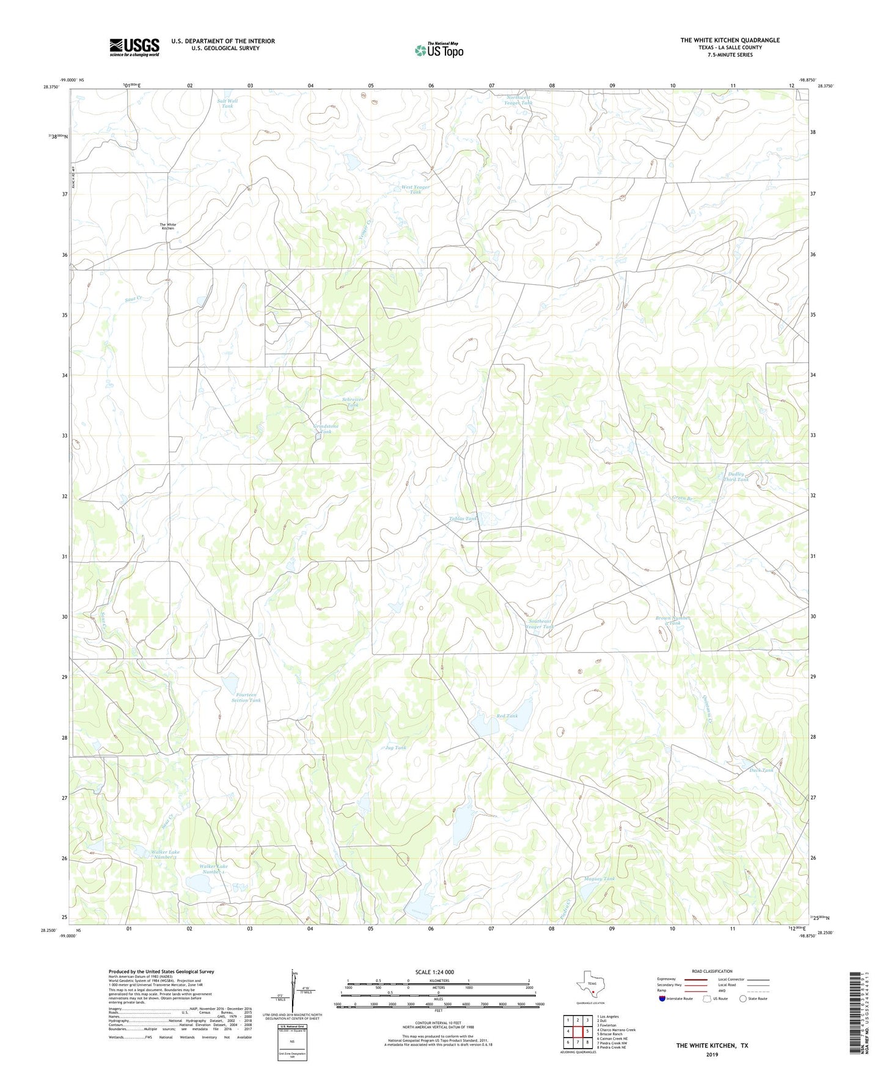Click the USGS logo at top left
134,47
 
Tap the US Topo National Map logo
439,50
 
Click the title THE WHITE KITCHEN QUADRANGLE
730,40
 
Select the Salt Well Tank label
227,103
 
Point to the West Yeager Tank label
415,189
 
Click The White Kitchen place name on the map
167,226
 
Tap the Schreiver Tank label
353,402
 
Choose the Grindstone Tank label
326,428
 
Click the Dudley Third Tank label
736,477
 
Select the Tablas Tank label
463,519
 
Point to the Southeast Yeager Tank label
540,624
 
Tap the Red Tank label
507,716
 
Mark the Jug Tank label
396,747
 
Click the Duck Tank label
761,771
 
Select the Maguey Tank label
599,879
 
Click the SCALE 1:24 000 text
434,972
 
